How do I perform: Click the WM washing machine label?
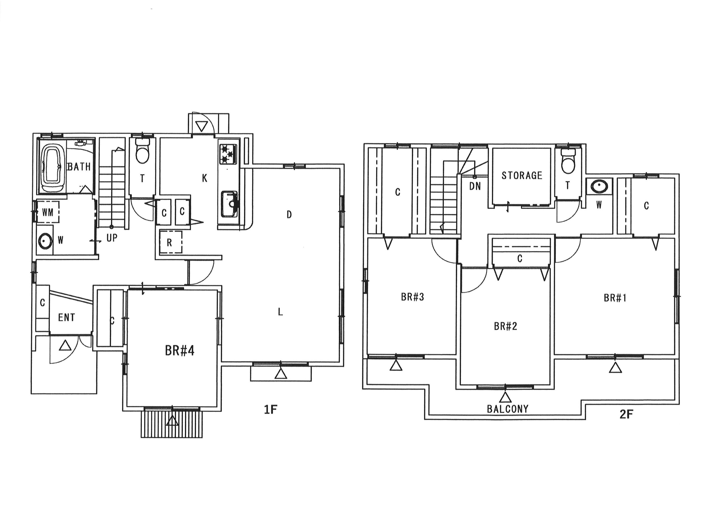[48, 212]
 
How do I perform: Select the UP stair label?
[112, 238]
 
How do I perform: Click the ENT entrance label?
[66, 318]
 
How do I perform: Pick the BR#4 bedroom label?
[180, 351]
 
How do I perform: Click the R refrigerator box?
[171, 242]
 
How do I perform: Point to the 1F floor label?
[271, 410]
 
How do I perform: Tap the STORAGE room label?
[522, 176]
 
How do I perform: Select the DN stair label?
[475, 187]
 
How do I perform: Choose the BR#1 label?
[615, 298]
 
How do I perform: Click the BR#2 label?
[505, 326]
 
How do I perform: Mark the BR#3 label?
[413, 297]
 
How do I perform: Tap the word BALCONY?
[508, 409]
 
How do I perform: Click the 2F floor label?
[626, 414]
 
